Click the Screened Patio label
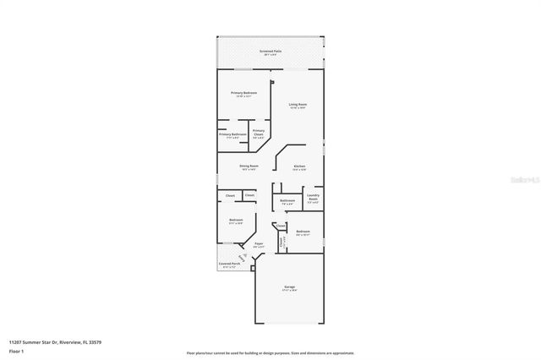270,51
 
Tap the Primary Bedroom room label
244,93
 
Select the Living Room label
298,105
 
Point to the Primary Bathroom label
232,134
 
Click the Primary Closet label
259,131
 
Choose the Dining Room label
249,166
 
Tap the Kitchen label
299,166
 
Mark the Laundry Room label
313,198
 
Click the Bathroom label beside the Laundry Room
287,200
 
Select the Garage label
289,287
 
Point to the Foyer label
260,243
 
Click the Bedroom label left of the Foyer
236,221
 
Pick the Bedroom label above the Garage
303,231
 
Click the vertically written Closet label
281,241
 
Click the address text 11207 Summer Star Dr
45,341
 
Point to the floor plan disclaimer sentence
270,352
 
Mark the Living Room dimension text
298,108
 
